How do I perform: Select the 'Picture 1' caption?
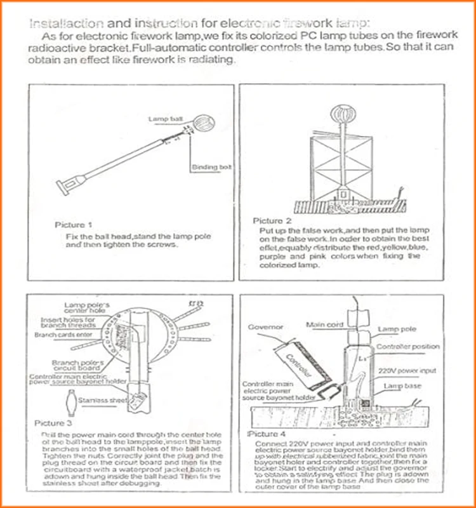point(74,224)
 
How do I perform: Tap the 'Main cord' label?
point(324,324)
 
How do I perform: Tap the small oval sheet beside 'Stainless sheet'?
point(69,402)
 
